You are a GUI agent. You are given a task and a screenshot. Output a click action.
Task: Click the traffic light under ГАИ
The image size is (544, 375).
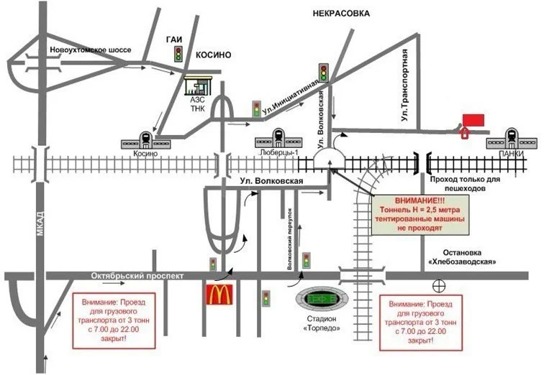click(x=178, y=55)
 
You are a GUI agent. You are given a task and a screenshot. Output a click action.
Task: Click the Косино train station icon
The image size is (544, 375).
click(x=145, y=139)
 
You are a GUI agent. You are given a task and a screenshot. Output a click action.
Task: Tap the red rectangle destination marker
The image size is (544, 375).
click(x=473, y=119)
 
